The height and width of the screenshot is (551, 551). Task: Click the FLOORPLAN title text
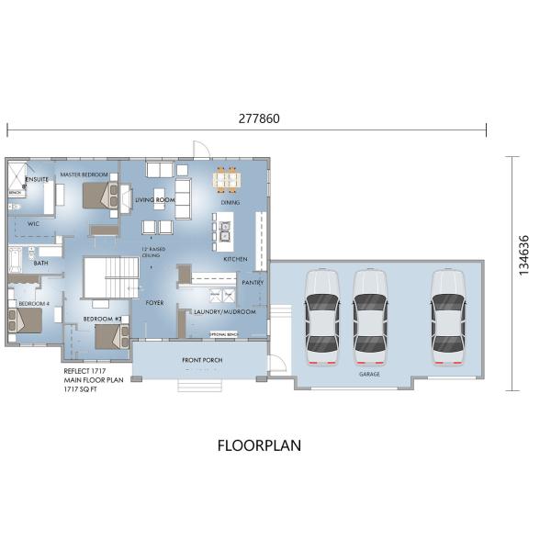pyautogui.click(x=258, y=446)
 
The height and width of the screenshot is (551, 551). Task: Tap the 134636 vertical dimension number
pyautogui.click(x=524, y=253)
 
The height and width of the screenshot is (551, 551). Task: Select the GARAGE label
pyautogui.click(x=370, y=375)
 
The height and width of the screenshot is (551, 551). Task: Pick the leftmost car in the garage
pyautogui.click(x=322, y=312)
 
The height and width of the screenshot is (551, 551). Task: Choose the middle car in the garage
pyautogui.click(x=370, y=312)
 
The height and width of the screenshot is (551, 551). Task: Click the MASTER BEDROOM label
pyautogui.click(x=84, y=174)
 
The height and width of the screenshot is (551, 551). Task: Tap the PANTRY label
pyautogui.click(x=253, y=283)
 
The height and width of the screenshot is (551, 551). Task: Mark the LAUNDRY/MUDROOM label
pyautogui.click(x=218, y=312)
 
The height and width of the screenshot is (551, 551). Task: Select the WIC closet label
pyautogui.click(x=33, y=222)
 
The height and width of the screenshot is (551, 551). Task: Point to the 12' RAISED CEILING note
pyautogui.click(x=152, y=252)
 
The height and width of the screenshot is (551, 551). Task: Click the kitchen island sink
pyautogui.click(x=223, y=230)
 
